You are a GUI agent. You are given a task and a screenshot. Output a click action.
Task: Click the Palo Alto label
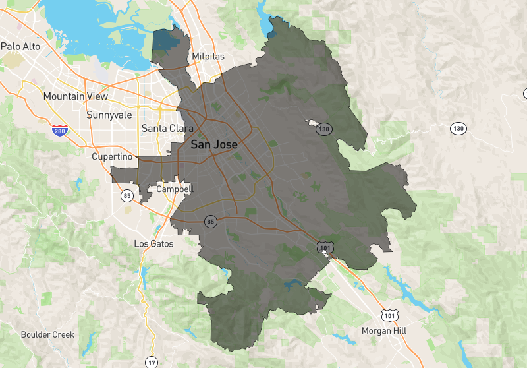click(20, 46)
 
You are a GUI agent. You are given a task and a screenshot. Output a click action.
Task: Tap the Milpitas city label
click(208, 57)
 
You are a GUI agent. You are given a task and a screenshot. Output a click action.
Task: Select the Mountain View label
click(75, 96)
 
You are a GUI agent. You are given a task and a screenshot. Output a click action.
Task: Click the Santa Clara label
click(167, 128)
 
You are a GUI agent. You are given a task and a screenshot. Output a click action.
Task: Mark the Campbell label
click(175, 189)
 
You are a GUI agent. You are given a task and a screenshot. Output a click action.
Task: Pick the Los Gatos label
click(153, 243)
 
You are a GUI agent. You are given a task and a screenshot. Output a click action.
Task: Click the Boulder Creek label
click(47, 334)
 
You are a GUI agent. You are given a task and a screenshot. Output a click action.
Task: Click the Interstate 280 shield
click(60, 129)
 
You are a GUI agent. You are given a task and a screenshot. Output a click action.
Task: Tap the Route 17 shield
click(152, 362)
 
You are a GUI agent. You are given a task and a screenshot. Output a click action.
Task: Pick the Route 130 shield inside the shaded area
click(323, 129)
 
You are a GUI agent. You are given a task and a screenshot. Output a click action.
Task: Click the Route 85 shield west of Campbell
click(126, 195)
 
